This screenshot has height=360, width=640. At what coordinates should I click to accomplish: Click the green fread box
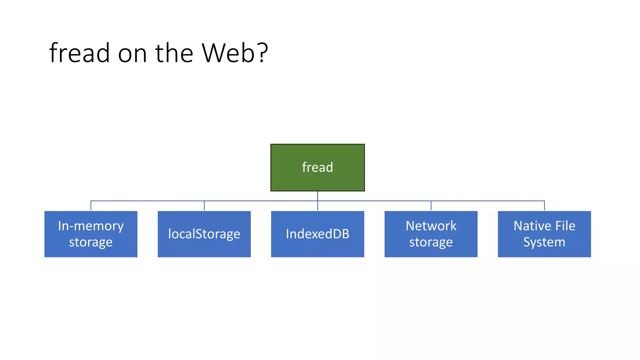(317, 167)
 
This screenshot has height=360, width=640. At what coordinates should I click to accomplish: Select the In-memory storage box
(91, 234)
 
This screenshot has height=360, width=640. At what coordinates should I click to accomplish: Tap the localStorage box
(204, 234)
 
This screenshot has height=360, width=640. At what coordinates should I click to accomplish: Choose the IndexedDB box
(317, 234)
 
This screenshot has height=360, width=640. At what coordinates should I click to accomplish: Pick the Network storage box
(431, 234)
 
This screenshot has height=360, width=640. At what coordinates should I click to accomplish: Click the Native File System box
(544, 234)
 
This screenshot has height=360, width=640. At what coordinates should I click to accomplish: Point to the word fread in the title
(80, 53)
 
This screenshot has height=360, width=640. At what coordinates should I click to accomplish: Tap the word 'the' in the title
(174, 53)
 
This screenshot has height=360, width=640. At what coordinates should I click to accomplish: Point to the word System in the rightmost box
(544, 242)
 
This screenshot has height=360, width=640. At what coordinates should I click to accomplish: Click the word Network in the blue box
(431, 226)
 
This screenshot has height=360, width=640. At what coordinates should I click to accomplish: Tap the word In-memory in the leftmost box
(91, 226)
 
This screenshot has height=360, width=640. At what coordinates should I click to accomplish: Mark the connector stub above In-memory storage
(91, 206)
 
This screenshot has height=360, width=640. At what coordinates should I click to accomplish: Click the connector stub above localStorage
(204, 206)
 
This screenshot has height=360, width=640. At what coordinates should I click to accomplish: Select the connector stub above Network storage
(431, 206)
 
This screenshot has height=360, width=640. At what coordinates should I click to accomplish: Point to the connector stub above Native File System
(544, 206)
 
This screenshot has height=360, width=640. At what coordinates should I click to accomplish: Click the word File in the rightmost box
(565, 226)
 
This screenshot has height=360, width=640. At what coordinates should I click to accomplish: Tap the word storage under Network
(431, 242)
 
